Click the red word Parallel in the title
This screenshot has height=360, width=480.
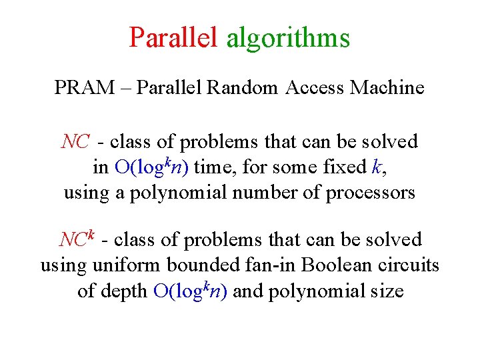coord(174,37)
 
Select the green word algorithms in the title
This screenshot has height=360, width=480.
coord(288,39)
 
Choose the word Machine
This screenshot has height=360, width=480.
coord(387,87)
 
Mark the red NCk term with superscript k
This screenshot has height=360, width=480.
coord(77,238)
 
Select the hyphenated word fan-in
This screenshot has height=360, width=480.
coord(271,265)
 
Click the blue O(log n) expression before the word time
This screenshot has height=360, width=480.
coord(151,167)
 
